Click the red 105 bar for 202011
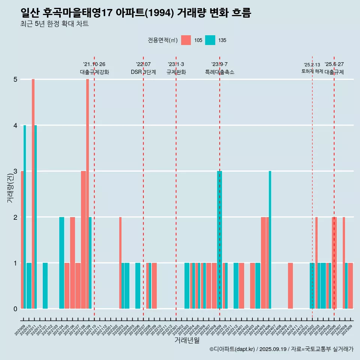(x=33, y=193)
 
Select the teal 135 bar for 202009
(x=25, y=217)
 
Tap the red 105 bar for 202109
(x=87, y=193)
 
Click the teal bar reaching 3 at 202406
(x=270, y=240)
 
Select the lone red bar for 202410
(x=291, y=286)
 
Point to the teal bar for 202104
(x=61, y=262)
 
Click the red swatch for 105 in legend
(x=186, y=40)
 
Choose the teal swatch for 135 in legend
(x=210, y=40)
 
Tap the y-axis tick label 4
(x=15, y=125)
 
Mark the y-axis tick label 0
(x=15, y=309)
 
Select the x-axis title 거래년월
(x=187, y=340)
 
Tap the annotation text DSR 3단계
(x=143, y=72)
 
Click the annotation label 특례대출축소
(x=220, y=72)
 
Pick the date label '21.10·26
(x=94, y=64)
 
